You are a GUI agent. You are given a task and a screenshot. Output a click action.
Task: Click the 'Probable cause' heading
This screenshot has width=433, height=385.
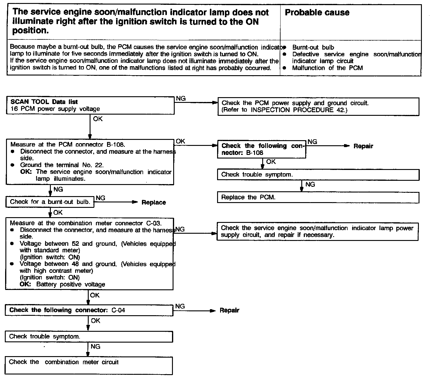tap(317, 13)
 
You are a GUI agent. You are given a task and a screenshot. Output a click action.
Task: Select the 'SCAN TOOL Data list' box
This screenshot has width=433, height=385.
tap(90, 106)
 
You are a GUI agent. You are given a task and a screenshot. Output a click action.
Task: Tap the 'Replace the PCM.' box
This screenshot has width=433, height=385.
tap(318, 198)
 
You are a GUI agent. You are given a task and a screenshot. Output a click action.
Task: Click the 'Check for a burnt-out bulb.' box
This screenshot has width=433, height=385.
tap(50, 202)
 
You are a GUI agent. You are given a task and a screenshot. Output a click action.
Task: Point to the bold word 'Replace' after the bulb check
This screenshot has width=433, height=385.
tap(154, 202)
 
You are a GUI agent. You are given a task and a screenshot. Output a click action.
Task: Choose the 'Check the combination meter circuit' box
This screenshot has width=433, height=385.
tap(89, 365)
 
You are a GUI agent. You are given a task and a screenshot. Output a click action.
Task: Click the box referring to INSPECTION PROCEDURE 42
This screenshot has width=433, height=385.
tap(318, 106)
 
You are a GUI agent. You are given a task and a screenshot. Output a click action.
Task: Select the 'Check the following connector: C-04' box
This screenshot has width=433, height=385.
tap(89, 310)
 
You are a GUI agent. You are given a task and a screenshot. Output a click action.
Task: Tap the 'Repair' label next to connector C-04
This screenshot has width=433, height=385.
tap(229, 310)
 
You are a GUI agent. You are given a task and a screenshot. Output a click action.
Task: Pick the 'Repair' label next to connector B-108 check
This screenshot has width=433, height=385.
tap(363, 146)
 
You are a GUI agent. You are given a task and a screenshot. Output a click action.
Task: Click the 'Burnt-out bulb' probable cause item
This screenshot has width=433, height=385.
tap(313, 47)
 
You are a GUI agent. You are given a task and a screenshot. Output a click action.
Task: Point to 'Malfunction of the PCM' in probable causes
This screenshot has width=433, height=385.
tap(327, 68)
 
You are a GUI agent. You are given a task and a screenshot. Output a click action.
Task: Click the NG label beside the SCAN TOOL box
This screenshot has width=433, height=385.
tap(181, 99)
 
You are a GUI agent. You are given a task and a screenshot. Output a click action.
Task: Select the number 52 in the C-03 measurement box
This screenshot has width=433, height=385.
tap(75, 244)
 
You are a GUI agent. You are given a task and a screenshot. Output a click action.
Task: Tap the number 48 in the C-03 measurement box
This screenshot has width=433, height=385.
tap(75, 264)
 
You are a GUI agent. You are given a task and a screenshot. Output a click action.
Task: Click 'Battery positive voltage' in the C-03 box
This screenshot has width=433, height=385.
tap(71, 284)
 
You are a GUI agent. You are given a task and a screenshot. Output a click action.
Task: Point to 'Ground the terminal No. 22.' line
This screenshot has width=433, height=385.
tap(62, 165)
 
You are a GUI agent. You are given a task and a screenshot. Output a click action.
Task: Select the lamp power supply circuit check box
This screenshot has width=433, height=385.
tap(317, 232)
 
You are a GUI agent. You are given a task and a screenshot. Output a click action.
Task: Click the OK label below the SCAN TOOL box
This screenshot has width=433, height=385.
tap(98, 119)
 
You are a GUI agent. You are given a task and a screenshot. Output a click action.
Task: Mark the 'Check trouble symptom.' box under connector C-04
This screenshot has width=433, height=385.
tap(89, 337)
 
